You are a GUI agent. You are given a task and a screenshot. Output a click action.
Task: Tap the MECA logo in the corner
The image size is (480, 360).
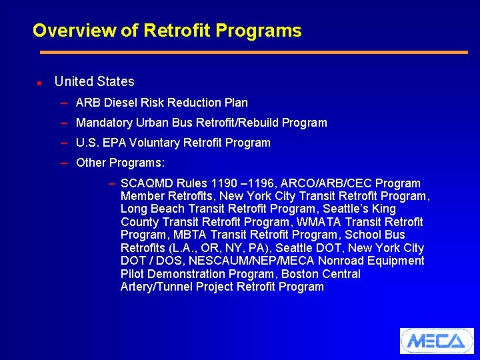[x=436, y=341]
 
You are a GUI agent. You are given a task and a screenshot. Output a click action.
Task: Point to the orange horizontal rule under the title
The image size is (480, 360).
[x=253, y=52]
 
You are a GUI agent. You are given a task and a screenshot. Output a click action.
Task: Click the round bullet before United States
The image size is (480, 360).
[x=39, y=83]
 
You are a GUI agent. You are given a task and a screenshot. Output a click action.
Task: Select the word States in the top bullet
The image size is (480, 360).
[x=115, y=81]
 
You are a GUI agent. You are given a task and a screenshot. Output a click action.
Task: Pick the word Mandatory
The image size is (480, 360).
[x=104, y=123]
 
